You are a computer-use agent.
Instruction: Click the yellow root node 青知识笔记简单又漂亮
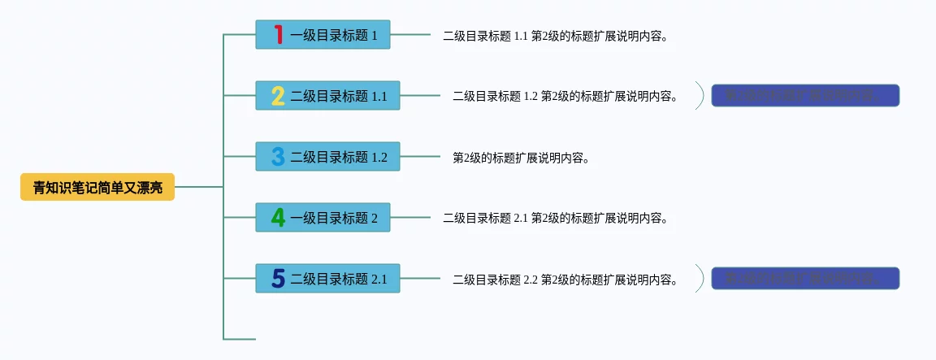pos(97,188)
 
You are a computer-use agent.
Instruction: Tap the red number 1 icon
pos(278,35)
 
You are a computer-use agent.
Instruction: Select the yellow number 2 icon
pos(278,96)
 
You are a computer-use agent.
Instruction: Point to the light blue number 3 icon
pos(278,157)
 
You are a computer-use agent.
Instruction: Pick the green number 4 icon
pos(278,218)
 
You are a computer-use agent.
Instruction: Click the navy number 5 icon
pos(278,279)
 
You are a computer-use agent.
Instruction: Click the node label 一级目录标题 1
pos(334,36)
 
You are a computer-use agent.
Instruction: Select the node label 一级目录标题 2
pos(334,218)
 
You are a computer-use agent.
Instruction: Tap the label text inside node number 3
pos(339,157)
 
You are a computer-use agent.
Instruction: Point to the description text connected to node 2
pos(565,96)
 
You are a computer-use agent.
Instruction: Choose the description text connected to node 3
pos(521,158)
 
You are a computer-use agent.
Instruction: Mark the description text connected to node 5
pos(565,280)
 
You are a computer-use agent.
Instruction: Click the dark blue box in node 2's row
pos(805,95)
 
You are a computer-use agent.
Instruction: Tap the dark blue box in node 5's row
pos(805,278)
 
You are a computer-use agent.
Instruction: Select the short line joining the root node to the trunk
pos(198,187)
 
